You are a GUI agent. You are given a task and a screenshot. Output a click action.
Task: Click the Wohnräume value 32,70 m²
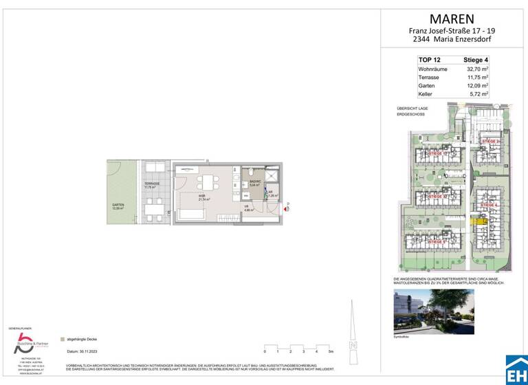(x=476, y=69)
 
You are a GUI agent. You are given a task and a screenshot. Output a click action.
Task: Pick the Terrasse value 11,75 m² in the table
(x=476, y=78)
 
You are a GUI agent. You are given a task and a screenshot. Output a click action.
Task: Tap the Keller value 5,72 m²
(x=478, y=94)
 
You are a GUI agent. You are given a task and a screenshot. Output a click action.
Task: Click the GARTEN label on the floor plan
(x=118, y=207)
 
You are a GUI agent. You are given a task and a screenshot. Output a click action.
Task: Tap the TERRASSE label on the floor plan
(x=152, y=186)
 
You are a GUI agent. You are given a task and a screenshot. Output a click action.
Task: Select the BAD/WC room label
(x=254, y=182)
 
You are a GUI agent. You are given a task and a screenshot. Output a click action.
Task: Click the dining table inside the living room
(x=206, y=183)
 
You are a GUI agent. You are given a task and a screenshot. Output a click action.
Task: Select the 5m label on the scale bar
(x=331, y=351)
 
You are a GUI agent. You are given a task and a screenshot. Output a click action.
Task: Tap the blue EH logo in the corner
(x=516, y=369)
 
